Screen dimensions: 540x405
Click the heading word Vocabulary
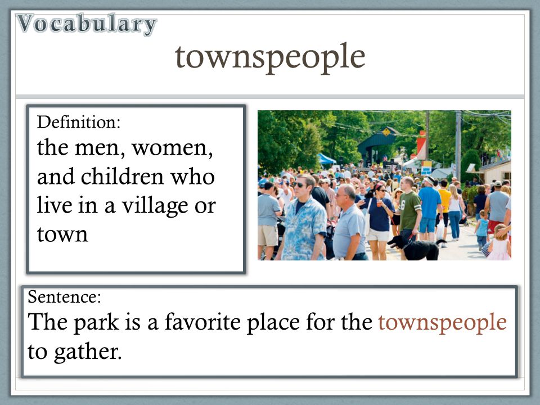(86, 24)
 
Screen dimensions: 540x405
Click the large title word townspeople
(270, 57)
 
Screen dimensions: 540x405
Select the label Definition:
(79, 122)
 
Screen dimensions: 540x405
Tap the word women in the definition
(172, 148)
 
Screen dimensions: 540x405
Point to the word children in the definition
(122, 177)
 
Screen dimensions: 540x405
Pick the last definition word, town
(62, 235)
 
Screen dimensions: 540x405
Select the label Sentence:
(64, 297)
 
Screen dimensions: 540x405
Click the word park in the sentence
(96, 323)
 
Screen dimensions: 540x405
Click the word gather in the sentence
(88, 352)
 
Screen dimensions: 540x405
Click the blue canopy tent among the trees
(326, 159)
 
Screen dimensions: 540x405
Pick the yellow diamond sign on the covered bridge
(387, 132)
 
